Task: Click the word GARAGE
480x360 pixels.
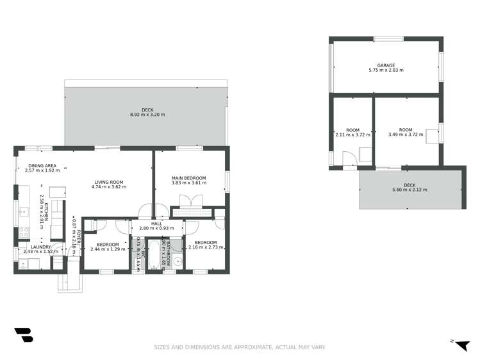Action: pos(386,65)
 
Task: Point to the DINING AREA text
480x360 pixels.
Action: pos(42,165)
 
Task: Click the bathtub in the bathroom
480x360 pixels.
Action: pos(156,254)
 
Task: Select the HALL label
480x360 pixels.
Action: pos(156,223)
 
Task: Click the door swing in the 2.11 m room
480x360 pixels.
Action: pos(349,159)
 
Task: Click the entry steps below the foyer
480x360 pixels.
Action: pos(70,282)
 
